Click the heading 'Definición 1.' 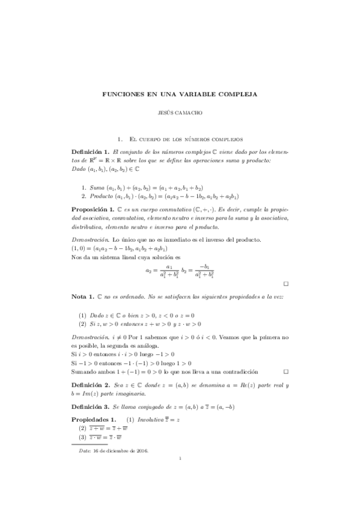(x=90, y=152)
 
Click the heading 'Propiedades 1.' (x=93, y=419)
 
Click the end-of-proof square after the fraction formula (x=286, y=283)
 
